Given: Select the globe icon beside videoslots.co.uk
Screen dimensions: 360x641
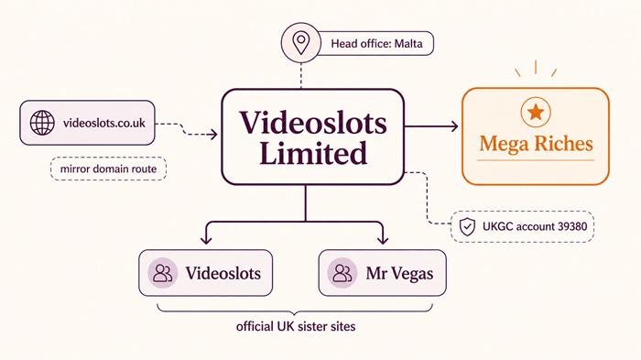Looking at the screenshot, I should tap(42, 123).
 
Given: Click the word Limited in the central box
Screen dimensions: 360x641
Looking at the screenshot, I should tap(312, 153).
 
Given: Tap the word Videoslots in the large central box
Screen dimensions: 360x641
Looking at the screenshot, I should tap(312, 122).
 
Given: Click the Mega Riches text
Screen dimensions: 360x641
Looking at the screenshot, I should tap(536, 144).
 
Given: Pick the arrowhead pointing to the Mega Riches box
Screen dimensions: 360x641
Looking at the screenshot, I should tap(455, 125).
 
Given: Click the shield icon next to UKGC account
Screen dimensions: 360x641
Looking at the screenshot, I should tap(467, 224).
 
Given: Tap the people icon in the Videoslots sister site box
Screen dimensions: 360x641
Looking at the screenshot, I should tap(163, 272).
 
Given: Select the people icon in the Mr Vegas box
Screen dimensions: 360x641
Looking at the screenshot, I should tap(343, 272).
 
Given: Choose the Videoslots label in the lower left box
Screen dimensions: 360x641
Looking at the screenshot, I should tap(223, 272).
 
